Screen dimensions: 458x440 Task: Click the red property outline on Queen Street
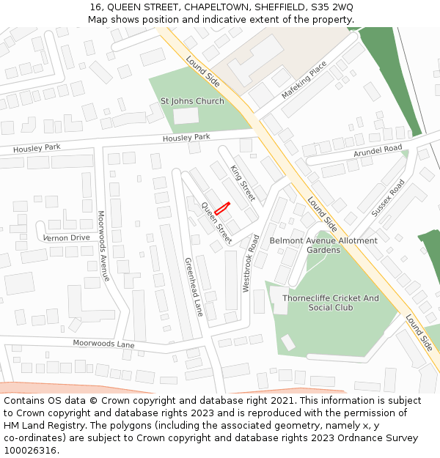point(222,208)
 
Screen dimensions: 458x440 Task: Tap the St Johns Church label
point(192,101)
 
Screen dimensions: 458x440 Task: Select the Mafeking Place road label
point(304,81)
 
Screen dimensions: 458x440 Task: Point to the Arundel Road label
point(378,150)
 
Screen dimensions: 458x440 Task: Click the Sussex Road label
point(388,198)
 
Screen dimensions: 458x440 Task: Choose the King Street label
point(243,182)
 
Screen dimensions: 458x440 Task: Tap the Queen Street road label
point(217,223)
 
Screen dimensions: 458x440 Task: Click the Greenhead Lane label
point(194,287)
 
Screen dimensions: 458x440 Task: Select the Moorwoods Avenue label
point(103,246)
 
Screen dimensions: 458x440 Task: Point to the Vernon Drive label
point(66,238)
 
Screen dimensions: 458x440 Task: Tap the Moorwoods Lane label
point(103,344)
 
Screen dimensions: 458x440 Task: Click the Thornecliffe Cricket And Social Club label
point(331,303)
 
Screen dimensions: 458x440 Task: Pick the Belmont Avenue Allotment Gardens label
point(323,245)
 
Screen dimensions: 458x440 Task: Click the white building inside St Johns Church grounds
point(186,116)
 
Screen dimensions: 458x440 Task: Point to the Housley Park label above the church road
point(186,138)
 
